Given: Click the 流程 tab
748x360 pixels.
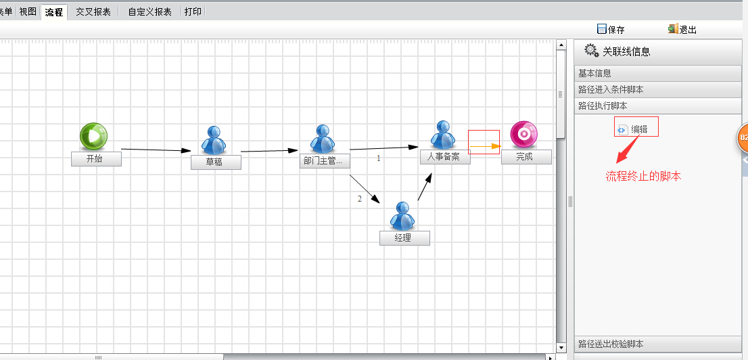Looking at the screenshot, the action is point(54,12).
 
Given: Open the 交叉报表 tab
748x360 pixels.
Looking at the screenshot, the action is point(93,12).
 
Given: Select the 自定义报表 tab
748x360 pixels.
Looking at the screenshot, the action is point(149,12).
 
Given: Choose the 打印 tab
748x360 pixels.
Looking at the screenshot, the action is point(193,12).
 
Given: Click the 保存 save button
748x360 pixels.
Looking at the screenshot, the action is point(611,29).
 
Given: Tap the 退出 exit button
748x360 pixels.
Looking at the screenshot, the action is point(682,29).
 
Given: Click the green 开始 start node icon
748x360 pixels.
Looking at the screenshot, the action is point(93,136).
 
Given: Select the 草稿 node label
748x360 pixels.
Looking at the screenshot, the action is point(216,162).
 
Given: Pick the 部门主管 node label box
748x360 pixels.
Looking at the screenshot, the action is point(325,161).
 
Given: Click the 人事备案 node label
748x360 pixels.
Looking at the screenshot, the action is point(445,156).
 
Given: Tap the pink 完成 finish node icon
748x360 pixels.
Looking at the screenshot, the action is point(523,134).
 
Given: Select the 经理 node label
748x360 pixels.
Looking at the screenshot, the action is point(404,238).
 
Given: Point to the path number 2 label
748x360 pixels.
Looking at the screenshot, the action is point(360,199).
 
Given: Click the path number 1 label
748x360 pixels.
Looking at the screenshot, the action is point(379,158).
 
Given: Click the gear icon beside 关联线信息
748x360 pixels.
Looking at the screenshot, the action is point(591,50).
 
